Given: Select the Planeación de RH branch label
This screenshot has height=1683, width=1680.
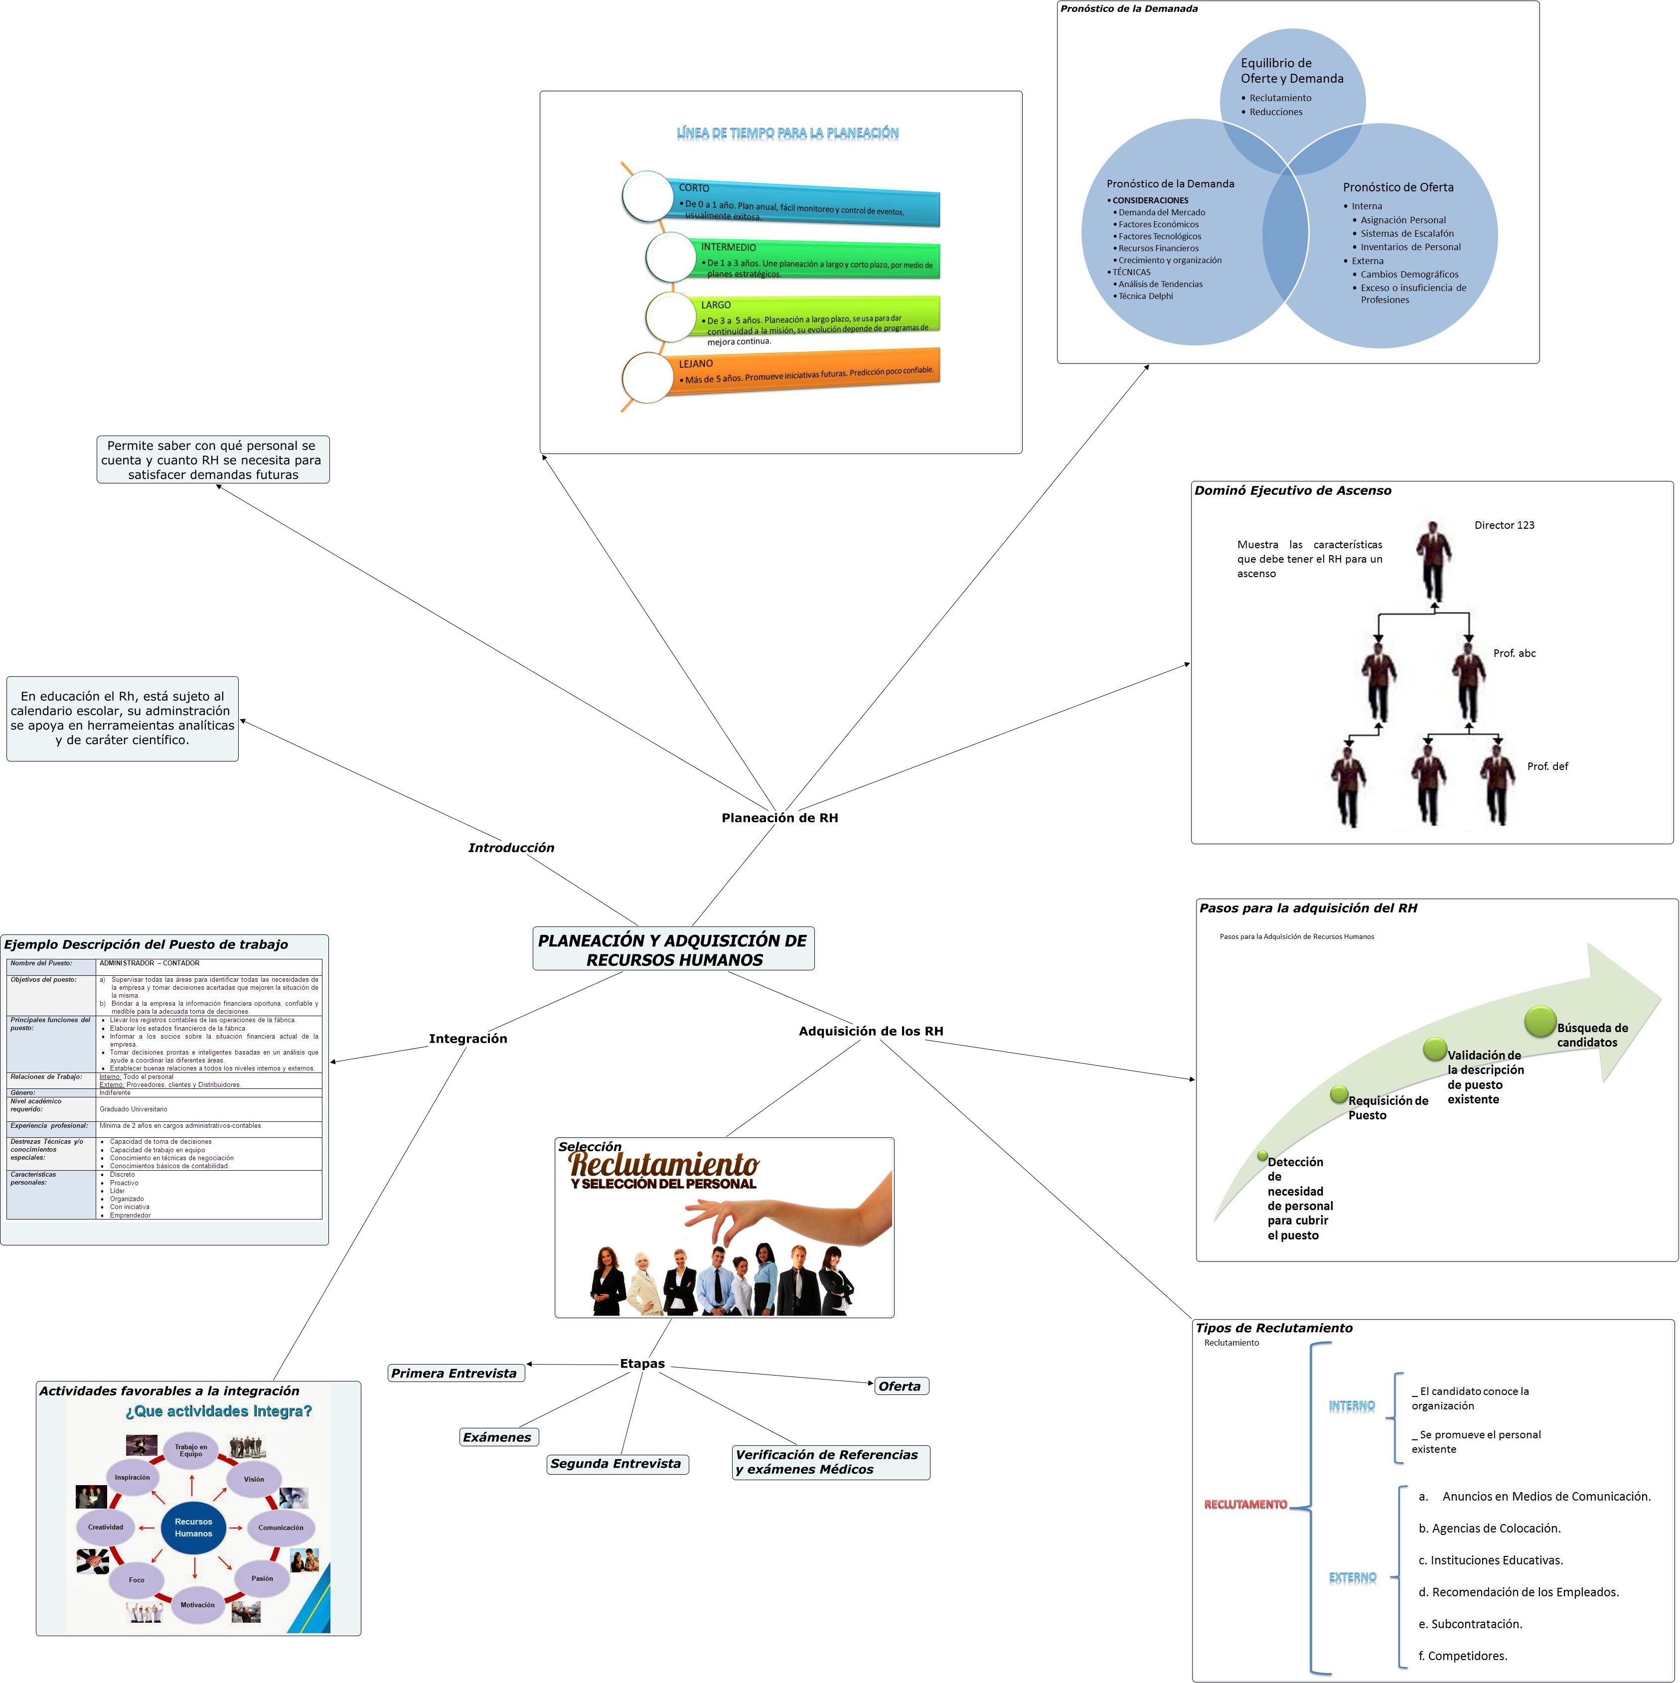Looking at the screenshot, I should (x=779, y=818).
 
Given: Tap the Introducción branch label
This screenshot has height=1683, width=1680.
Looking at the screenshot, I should (x=511, y=848).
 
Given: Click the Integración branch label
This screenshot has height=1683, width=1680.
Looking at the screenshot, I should (x=467, y=1039).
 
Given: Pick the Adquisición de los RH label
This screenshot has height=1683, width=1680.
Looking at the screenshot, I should (x=871, y=1032).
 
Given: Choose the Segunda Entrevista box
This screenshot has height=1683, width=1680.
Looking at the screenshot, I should (x=616, y=1464).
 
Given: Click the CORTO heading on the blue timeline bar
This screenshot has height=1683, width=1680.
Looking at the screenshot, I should (x=694, y=188).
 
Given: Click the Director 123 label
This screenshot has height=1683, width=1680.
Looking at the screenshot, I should (x=1504, y=525).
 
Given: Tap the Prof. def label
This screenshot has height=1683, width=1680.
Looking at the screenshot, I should (x=1547, y=766).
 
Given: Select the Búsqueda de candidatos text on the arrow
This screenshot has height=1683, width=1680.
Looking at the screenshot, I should (x=1592, y=1035).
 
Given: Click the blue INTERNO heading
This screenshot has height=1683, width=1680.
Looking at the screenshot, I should (x=1352, y=1406).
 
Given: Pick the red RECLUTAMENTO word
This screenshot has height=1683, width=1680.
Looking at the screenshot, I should (x=1245, y=1505).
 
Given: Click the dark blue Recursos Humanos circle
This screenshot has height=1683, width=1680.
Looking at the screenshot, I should (x=193, y=1528).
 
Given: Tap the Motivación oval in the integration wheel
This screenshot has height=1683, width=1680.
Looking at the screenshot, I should (x=198, y=1605).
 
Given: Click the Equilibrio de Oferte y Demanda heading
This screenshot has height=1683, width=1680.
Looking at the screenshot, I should (x=1292, y=71).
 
